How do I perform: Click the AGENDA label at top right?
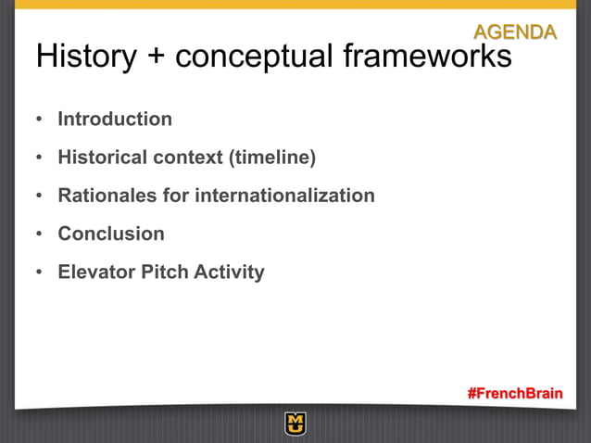[515, 32]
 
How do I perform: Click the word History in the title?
[82, 57]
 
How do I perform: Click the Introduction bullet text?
[115, 120]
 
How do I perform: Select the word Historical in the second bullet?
[103, 158]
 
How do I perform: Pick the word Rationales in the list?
[105, 196]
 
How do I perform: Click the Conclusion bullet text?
[111, 234]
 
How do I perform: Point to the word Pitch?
[163, 272]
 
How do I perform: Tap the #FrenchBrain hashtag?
[514, 393]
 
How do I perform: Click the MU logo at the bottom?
[295, 424]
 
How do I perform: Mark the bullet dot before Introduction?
[39, 120]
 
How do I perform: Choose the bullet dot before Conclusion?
[39, 234]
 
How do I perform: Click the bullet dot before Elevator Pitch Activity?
[39, 273]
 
